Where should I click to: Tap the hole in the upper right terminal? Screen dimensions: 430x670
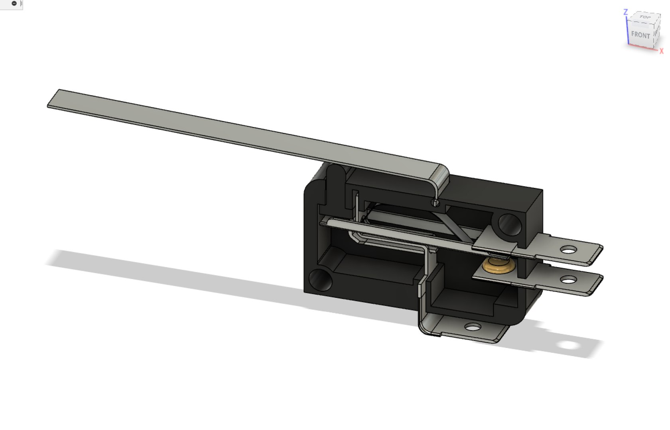tap(568, 250)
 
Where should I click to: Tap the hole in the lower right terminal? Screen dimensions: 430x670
tap(569, 280)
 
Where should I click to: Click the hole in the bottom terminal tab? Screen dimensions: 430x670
tap(473, 328)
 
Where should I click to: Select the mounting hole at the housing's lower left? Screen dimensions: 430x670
tap(320, 280)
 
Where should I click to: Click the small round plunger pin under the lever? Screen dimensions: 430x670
tap(436, 203)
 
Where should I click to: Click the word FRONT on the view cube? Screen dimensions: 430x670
tap(640, 35)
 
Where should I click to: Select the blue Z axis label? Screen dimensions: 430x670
tap(625, 12)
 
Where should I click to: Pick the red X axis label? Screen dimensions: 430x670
tap(661, 51)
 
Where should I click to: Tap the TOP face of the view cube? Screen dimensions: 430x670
tap(644, 17)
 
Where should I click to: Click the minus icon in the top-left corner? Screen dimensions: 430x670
tap(14, 4)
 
